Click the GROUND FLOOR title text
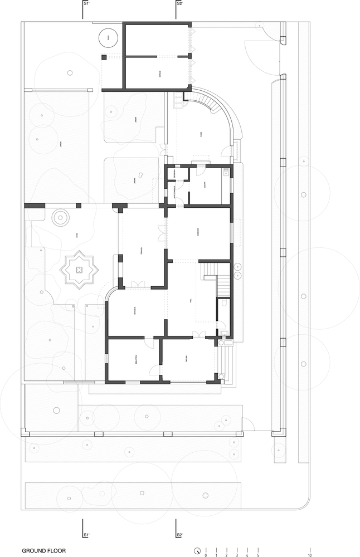[43, 550]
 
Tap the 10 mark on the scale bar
[309, 555]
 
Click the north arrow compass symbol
[197, 551]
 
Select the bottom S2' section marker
[179, 535]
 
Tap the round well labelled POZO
[108, 38]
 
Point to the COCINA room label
[205, 186]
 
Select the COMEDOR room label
[199, 234]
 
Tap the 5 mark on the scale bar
[258, 555]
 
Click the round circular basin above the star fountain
[60, 217]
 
